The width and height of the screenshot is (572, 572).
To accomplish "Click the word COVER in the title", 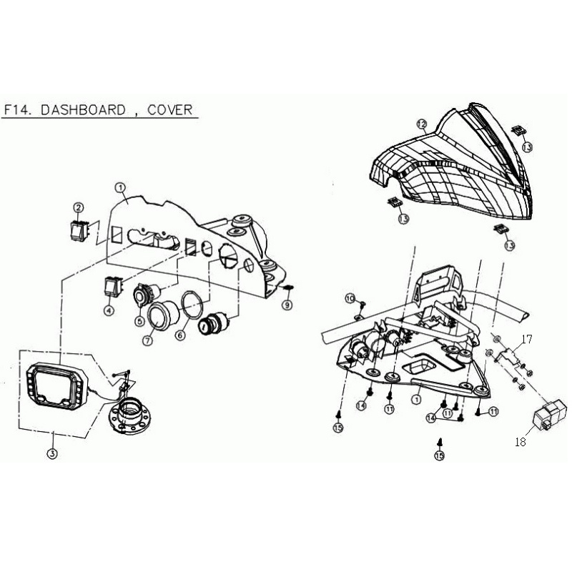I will (169, 109).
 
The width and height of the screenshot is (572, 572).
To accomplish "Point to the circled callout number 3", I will (51, 453).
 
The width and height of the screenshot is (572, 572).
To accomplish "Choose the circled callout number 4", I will (109, 311).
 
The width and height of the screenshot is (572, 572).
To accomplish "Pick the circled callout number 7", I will (149, 340).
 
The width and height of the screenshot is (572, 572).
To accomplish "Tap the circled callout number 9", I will (287, 305).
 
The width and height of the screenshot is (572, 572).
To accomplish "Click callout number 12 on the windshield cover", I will (422, 124).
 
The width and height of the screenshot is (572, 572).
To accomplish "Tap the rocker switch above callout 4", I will (112, 287).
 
